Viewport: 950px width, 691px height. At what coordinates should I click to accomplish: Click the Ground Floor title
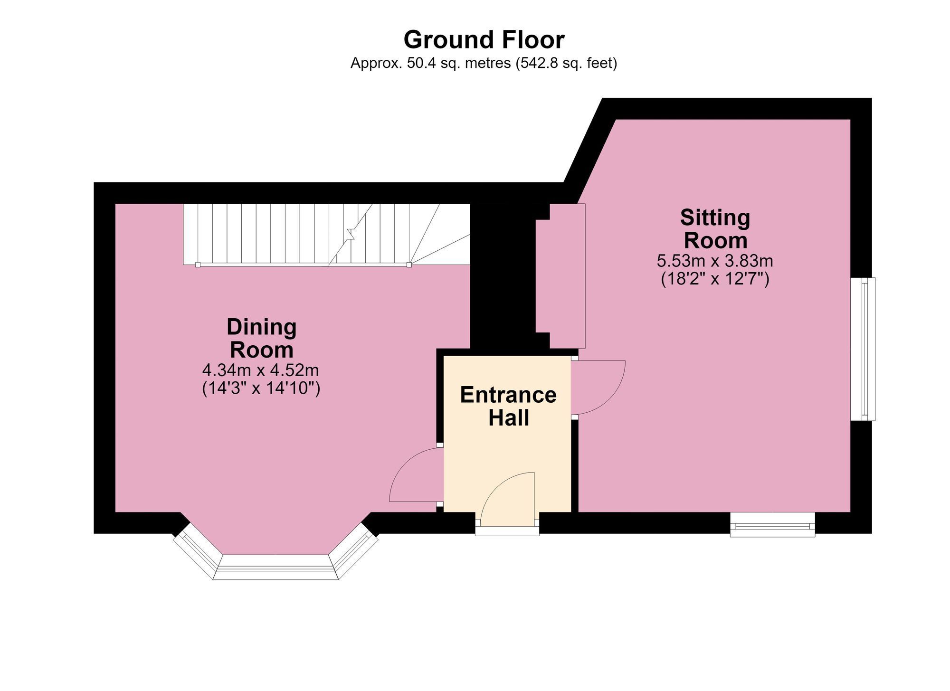(x=484, y=40)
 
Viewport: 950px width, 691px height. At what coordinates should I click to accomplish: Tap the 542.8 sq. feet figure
(x=566, y=63)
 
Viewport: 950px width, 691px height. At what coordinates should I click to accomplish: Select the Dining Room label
(x=262, y=338)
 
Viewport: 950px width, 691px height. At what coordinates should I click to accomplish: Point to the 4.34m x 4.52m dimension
(x=261, y=369)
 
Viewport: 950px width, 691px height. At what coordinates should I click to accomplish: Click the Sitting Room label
(x=715, y=229)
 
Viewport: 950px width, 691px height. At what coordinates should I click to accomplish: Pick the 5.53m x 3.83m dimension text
(x=715, y=261)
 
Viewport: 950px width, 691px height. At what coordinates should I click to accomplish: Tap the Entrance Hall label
(x=508, y=407)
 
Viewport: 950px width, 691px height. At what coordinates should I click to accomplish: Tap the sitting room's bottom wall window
(x=772, y=525)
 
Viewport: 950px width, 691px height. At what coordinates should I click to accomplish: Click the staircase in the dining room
(x=327, y=235)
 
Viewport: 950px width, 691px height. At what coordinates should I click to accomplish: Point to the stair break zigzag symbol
(x=351, y=234)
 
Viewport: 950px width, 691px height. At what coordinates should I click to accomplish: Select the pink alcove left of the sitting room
(x=560, y=276)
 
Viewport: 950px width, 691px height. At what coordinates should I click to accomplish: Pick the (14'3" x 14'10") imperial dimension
(x=261, y=388)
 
